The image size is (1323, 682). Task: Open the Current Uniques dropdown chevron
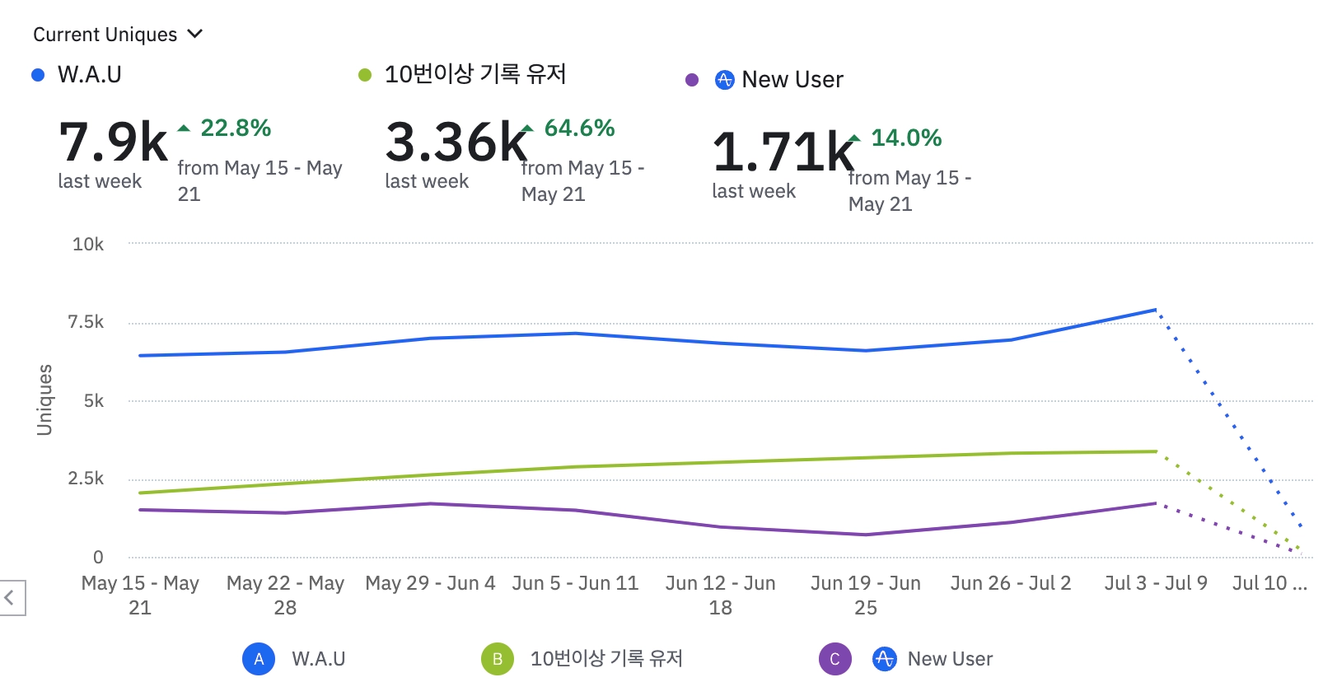click(195, 34)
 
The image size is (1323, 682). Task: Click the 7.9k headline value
click(114, 142)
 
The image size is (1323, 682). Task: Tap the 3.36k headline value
click(456, 142)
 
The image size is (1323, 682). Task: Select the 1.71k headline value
click(783, 152)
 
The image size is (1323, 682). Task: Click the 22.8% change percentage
click(236, 128)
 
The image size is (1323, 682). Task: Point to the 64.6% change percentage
click(579, 128)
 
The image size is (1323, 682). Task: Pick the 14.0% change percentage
click(906, 138)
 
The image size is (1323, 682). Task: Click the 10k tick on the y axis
click(88, 244)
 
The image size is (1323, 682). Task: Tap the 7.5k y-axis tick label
click(86, 322)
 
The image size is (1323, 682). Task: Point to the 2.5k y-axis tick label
click(86, 479)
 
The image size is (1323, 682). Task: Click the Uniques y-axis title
click(44, 399)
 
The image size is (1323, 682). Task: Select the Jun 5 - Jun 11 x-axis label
click(575, 583)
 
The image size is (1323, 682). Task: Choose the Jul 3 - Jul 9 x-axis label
click(1156, 583)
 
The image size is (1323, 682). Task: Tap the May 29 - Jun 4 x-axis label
click(430, 583)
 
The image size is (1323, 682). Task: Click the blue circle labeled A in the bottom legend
click(259, 659)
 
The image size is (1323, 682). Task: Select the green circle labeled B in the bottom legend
click(498, 659)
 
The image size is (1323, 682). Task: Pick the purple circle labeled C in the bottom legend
click(834, 659)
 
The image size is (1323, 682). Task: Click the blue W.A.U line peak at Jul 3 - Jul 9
click(1156, 311)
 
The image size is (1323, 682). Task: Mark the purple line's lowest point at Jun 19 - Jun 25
click(866, 535)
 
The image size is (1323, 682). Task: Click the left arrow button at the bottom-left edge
click(10, 597)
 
